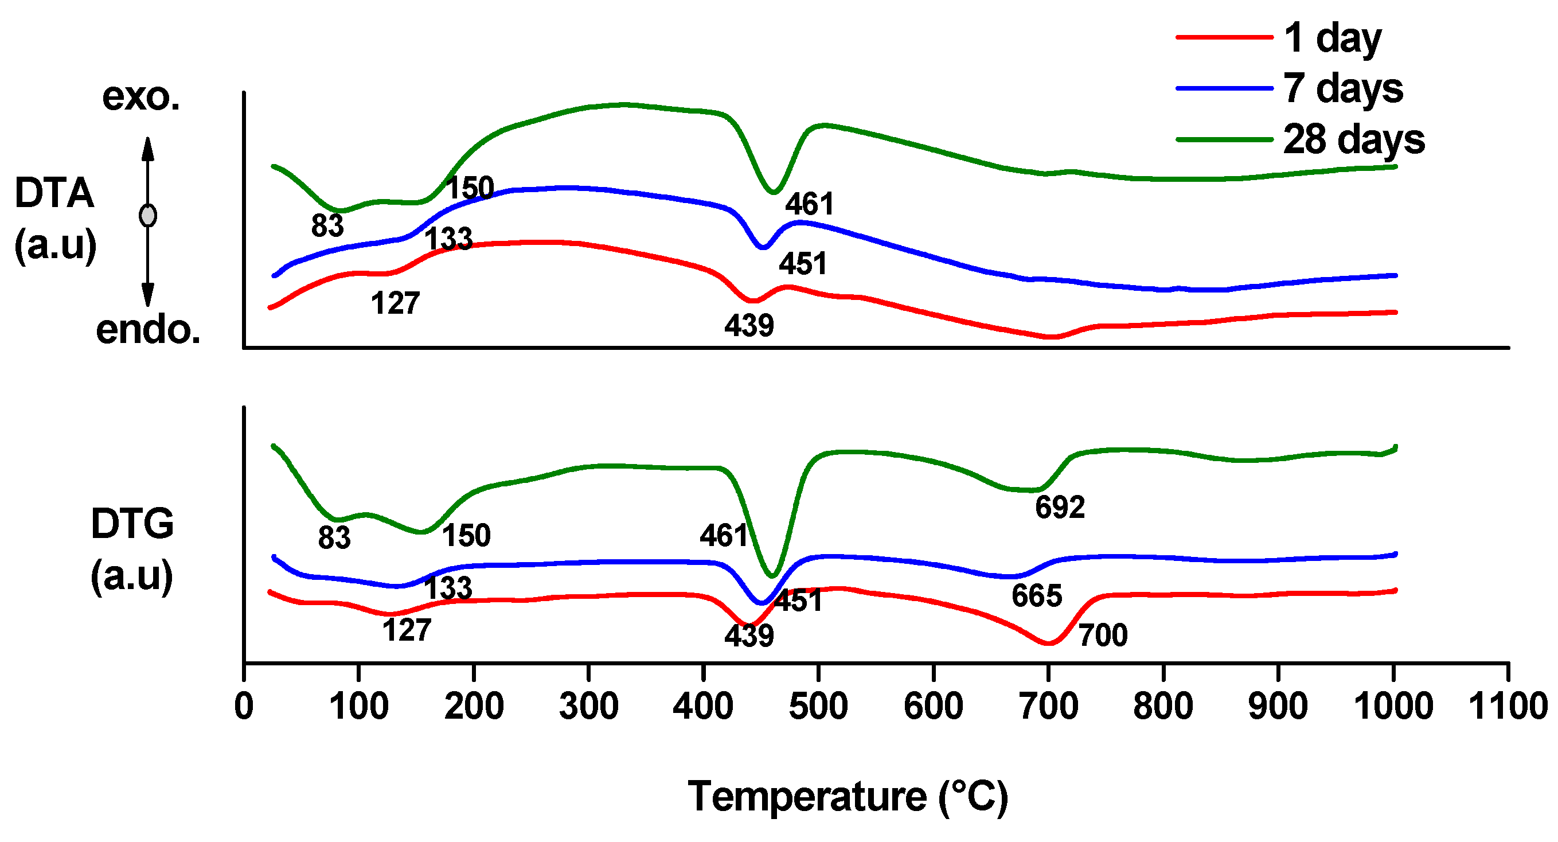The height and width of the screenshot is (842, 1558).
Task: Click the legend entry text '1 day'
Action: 1332,38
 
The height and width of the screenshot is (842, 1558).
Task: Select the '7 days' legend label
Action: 1343,89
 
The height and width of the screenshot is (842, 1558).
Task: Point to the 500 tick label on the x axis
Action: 818,706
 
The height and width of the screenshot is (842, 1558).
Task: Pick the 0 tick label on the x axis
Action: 244,706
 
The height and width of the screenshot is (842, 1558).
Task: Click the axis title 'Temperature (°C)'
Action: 848,797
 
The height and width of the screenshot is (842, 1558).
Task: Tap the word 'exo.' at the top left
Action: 141,97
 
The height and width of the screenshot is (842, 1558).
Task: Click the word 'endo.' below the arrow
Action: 148,330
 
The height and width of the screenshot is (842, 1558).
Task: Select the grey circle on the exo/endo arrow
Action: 147,215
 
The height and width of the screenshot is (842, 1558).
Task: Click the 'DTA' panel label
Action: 54,193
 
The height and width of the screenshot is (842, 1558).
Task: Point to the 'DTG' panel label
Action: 132,524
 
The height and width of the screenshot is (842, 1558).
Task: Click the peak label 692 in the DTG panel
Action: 1060,508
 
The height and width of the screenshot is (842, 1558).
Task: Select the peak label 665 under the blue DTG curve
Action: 1037,597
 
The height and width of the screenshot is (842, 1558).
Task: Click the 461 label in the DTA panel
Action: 809,204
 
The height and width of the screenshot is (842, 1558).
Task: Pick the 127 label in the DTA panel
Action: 395,303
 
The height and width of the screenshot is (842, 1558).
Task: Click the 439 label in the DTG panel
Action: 749,636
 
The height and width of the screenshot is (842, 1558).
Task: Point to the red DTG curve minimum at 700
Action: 1049,644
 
